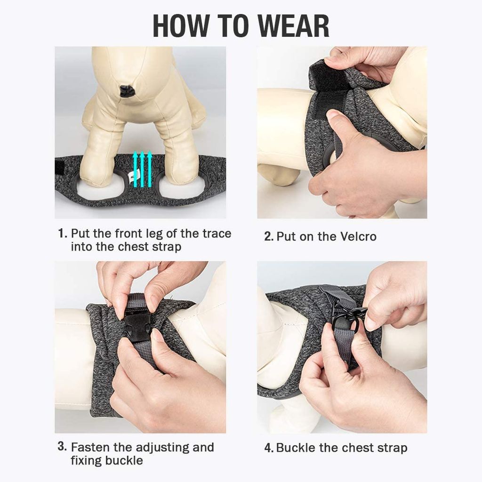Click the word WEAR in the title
pyautogui.click(x=294, y=26)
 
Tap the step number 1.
pyautogui.click(x=63, y=233)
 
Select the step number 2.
pyautogui.click(x=269, y=236)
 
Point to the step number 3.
pyautogui.click(x=62, y=446)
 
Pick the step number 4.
pyautogui.click(x=269, y=448)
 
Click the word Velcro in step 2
pyautogui.click(x=358, y=236)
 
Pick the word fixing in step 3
pyautogui.click(x=87, y=461)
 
